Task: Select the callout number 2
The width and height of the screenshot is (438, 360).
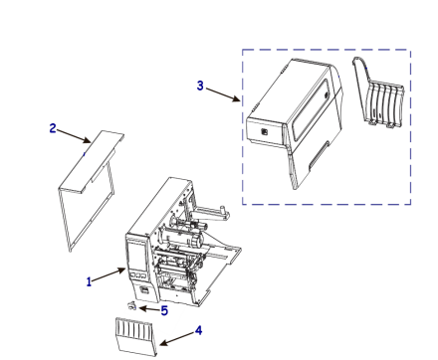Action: click(52, 130)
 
